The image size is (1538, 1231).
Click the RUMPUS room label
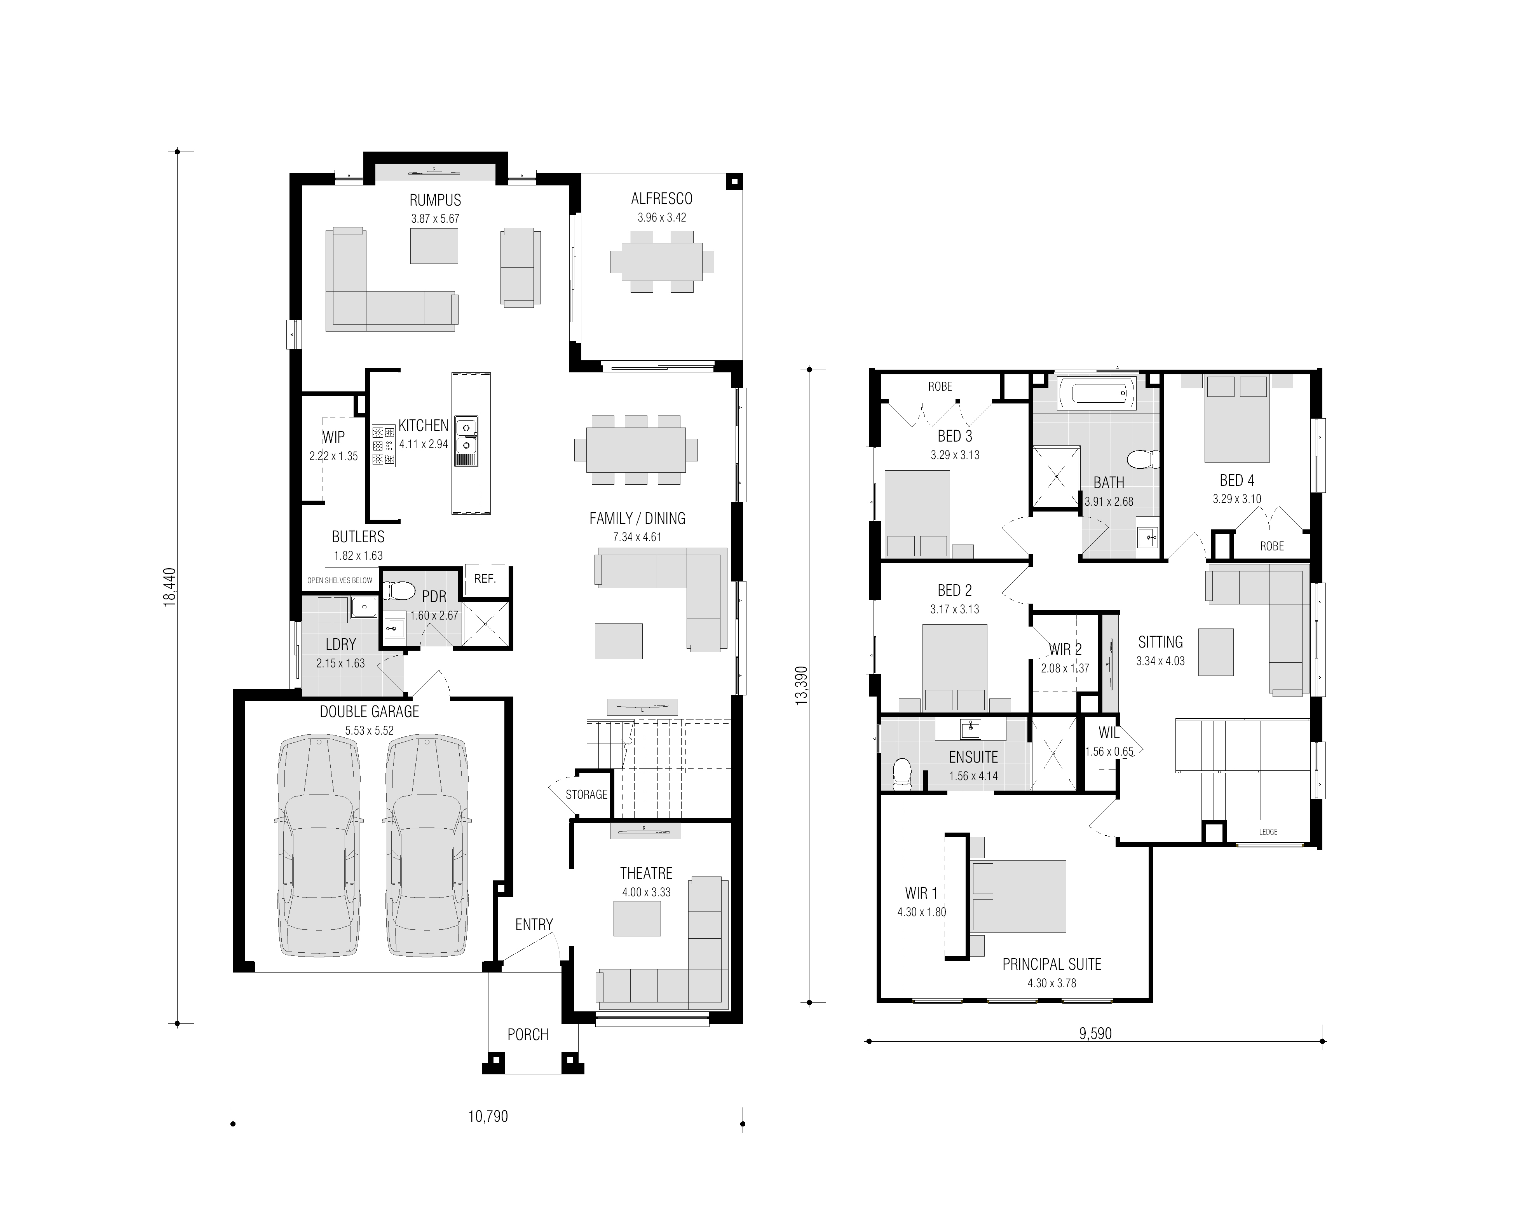[x=435, y=201]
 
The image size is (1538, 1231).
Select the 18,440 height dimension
[x=170, y=587]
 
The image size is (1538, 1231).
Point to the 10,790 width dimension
[x=488, y=1116]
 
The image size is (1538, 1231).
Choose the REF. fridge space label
[x=485, y=579]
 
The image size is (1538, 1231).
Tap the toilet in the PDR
[x=399, y=591]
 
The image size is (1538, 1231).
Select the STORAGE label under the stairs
[x=586, y=794]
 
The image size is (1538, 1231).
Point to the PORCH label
[x=528, y=1035]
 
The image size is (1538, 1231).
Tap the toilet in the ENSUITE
[x=902, y=774]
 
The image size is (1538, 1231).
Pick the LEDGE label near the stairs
[x=1268, y=832]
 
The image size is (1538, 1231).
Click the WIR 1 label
[x=922, y=894]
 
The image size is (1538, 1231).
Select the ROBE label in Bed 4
[x=1272, y=546]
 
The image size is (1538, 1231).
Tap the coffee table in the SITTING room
[x=1215, y=651]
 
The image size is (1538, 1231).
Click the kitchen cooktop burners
[x=383, y=447]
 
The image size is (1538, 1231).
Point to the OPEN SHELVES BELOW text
[x=340, y=580]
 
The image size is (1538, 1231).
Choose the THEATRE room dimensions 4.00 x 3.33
[x=646, y=892]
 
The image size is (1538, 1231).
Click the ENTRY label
[x=534, y=925]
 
